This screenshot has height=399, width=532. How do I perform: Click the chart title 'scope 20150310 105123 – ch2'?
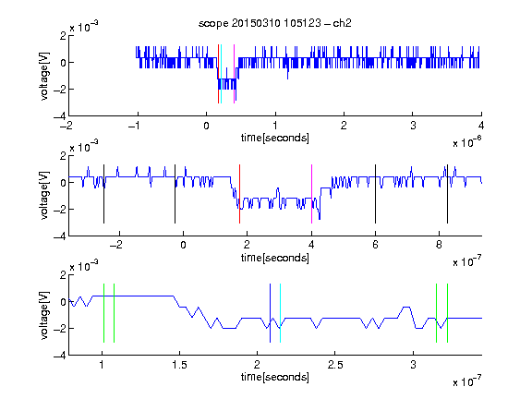pos(275,23)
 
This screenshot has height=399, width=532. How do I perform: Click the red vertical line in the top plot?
pos(218,74)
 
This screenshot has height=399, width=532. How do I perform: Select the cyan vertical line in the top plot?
pos(221,74)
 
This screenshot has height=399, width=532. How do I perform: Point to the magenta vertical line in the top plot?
pos(234,74)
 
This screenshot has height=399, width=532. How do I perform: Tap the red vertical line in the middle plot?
pos(239,194)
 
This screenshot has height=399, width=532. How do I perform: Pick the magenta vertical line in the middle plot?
pos(311,194)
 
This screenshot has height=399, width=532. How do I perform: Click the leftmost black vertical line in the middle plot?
pos(103,194)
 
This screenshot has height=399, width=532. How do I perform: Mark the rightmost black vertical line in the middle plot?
pos(447,194)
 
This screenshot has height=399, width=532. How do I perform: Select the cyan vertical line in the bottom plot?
pos(280,313)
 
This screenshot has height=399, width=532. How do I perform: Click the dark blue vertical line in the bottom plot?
pos(270,313)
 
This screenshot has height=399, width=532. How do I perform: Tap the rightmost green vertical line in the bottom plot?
pos(448,313)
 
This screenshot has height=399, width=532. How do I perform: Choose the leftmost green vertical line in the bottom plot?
pos(103,313)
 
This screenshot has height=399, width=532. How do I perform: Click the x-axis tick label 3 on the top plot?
pos(413,126)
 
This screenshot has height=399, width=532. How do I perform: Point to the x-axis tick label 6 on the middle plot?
pos(375,245)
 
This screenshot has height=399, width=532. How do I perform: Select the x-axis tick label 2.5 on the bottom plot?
pos(335,365)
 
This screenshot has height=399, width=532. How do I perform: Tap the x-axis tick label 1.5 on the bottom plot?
pos(179,365)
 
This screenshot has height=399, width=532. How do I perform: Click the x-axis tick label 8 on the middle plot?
pos(439,245)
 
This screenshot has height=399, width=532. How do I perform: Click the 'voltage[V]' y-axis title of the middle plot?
pos(44,196)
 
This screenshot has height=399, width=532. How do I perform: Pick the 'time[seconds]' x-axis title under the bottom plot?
pos(275,377)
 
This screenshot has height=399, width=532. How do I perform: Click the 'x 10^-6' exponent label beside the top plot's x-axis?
pos(467,142)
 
